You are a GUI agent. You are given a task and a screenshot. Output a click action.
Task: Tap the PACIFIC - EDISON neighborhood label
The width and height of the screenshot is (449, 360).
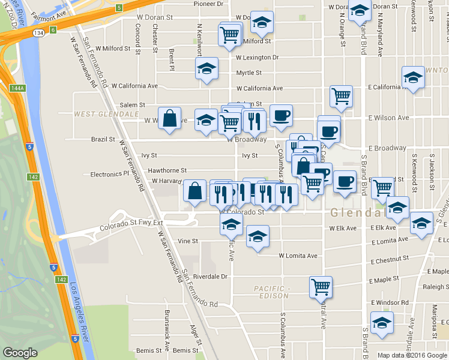[272, 292]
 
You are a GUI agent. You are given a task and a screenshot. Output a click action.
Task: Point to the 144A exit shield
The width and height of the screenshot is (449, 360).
[17, 88]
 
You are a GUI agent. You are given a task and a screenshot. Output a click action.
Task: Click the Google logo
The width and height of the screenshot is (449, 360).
[20, 353]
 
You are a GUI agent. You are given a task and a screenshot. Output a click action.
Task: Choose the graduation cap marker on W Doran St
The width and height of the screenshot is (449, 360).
[261, 23]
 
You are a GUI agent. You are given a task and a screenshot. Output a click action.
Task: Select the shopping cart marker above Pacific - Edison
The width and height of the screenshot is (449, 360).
[321, 286]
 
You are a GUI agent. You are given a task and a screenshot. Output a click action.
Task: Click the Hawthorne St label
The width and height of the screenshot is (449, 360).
[167, 170]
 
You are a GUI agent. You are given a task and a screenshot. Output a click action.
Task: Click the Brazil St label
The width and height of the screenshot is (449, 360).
[103, 139]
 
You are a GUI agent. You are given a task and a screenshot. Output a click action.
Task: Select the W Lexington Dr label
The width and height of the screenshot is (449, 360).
[257, 58]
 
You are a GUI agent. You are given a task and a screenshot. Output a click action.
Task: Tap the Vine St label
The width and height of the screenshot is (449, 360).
[188, 241]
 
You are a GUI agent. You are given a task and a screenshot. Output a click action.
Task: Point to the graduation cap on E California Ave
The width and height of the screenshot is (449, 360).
[414, 77]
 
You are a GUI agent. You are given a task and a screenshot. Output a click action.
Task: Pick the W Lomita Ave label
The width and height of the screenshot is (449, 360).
[298, 256]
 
